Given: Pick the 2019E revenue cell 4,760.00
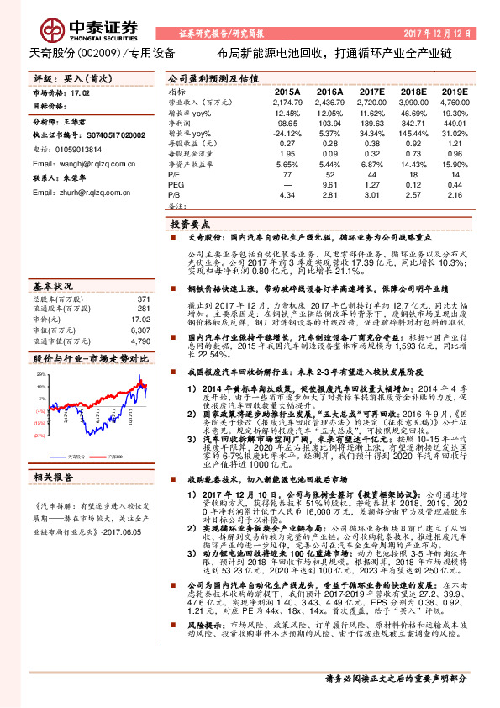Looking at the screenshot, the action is click(455, 101).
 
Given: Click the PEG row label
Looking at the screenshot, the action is click(176, 184).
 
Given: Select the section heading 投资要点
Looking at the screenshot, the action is click(189, 225).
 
